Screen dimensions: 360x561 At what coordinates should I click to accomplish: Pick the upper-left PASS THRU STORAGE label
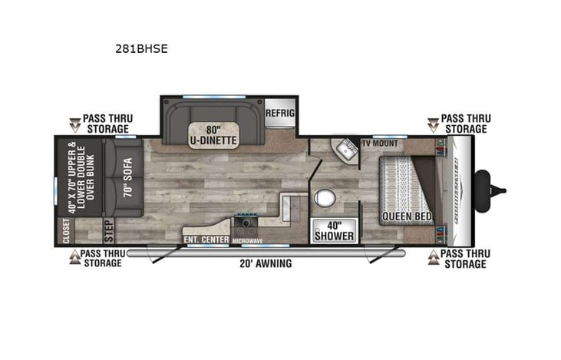point(107,124)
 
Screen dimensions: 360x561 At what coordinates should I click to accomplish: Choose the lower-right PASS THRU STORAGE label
point(464,258)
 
